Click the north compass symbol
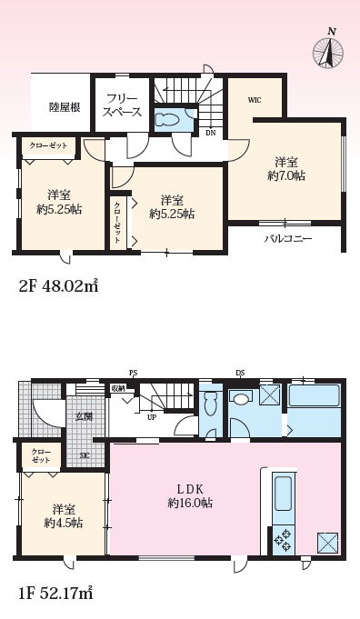(327, 51)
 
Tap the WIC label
(255, 100)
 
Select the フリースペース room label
(122, 105)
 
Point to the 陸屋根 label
(65, 107)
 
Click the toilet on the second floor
(168, 119)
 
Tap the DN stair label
(211, 133)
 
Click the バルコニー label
(288, 239)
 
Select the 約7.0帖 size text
(286, 176)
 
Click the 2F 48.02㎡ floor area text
(58, 285)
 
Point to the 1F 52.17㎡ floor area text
(55, 593)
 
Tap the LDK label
(189, 490)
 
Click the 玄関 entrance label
(84, 416)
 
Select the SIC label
(85, 455)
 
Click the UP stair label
(151, 417)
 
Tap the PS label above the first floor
(135, 373)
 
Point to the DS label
(240, 373)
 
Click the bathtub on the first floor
(315, 395)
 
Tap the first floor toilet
(210, 403)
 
